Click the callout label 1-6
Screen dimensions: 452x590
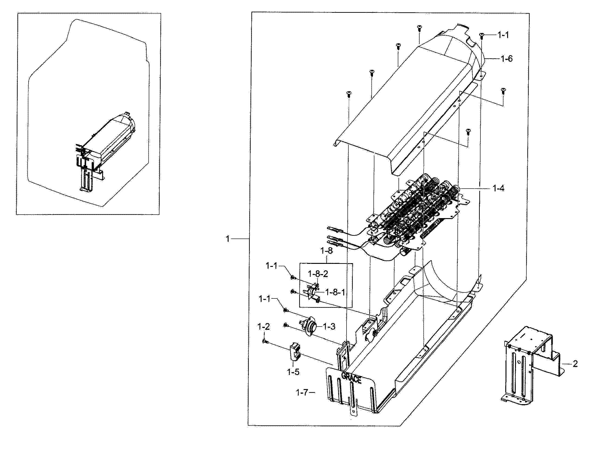[506, 59]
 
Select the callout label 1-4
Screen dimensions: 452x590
[498, 189]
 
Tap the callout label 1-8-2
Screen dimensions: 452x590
[318, 274]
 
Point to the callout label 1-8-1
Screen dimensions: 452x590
[335, 292]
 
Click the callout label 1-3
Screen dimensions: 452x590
[329, 327]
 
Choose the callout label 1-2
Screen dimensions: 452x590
[263, 327]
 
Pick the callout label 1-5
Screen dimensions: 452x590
[293, 372]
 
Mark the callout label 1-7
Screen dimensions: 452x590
[302, 393]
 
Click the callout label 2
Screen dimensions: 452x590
[575, 364]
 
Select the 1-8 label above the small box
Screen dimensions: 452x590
[326, 251]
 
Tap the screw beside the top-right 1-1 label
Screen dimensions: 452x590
[481, 35]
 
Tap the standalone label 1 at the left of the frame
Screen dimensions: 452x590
[228, 239]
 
